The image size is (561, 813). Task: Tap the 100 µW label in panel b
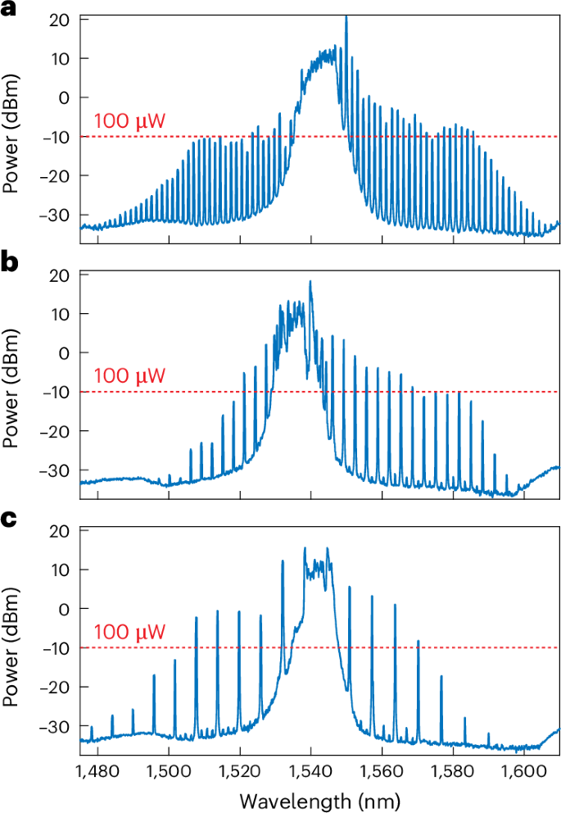pyautogui.click(x=130, y=377)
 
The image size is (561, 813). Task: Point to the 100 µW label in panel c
pyautogui.click(x=130, y=633)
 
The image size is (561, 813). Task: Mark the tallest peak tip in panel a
pyautogui.click(x=346, y=16)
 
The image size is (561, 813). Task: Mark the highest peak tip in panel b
pyautogui.click(x=310, y=281)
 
